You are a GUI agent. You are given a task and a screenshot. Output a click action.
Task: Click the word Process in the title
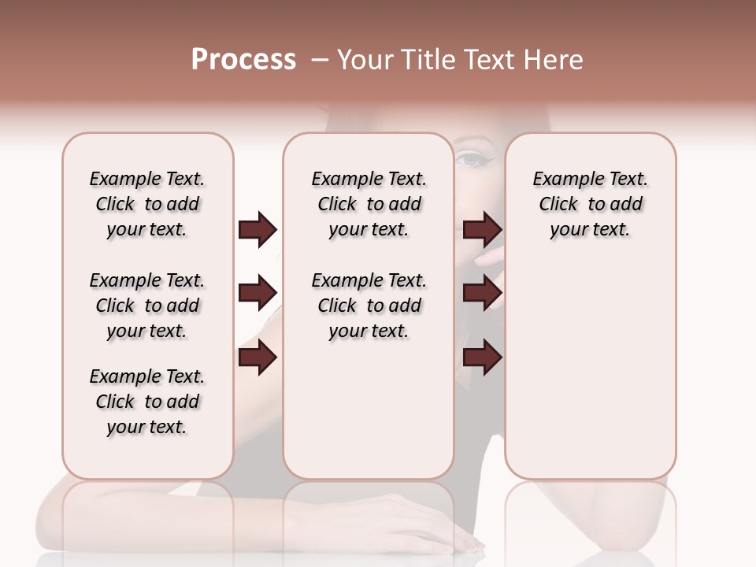[x=243, y=60]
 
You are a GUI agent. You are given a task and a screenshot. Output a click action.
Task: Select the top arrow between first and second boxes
[x=258, y=230]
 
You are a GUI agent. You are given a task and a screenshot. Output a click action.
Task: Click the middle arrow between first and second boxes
[x=258, y=294]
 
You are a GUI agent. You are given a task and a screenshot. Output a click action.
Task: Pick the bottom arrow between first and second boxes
[x=258, y=358]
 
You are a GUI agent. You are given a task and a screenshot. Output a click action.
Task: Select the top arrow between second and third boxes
[x=482, y=230]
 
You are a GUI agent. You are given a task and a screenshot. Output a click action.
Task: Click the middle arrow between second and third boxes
[x=482, y=294]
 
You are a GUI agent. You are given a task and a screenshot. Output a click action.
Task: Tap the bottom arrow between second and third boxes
[x=482, y=358]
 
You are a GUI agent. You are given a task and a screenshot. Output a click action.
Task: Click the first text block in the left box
[x=147, y=204]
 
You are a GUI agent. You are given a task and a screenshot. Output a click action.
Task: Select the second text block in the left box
[x=147, y=306]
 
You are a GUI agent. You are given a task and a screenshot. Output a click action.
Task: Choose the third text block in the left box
[x=147, y=402]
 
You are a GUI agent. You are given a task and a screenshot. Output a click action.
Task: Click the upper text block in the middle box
[x=369, y=204]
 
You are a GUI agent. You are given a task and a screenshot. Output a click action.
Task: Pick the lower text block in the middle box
[x=369, y=306]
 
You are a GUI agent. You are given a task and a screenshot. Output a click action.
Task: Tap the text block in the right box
[x=590, y=204]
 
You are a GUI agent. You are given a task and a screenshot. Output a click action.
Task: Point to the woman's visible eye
[x=472, y=160]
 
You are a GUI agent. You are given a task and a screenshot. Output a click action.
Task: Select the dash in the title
[x=320, y=60]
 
